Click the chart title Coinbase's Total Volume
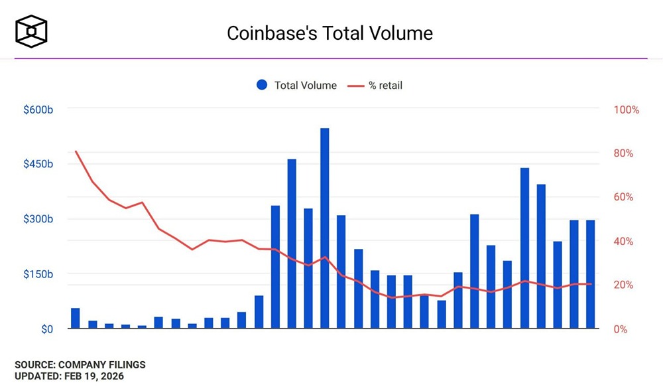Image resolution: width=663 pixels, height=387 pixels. coord(330,33)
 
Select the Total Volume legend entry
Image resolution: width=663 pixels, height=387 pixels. coord(296,85)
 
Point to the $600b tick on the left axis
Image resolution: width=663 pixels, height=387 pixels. coord(38,110)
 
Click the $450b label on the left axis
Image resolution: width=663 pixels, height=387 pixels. coord(38,164)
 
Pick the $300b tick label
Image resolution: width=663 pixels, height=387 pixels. coord(38,219)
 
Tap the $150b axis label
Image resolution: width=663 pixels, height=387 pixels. coord(38,274)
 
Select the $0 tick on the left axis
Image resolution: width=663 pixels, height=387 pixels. coord(46,329)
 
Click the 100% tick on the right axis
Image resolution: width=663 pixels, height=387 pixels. coord(627,110)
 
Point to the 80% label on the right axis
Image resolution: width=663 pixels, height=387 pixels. coord(623,153)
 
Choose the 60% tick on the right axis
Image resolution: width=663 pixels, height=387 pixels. coord(623,197)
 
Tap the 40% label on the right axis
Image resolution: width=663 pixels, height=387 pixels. coord(623,241)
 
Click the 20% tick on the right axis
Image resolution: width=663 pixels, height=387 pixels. coord(623,285)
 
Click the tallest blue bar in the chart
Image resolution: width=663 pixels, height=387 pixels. coord(325,228)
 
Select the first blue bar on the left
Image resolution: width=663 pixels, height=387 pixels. coord(76,319)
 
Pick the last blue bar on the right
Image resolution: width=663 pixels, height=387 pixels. coord(590,274)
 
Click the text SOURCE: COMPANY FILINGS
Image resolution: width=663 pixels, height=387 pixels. coord(80,364)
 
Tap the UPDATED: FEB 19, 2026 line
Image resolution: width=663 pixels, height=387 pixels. coord(69,376)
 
